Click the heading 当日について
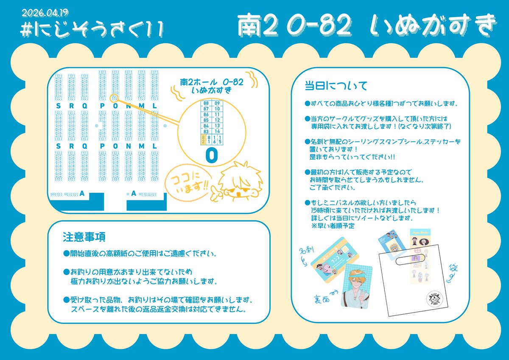[336, 85]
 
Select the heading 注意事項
[84, 236]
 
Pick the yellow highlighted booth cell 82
[204, 138]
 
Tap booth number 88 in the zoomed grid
[206, 103]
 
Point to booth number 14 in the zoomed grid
[217, 132]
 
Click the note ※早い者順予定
[333, 226]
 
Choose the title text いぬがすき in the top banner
[432, 26]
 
